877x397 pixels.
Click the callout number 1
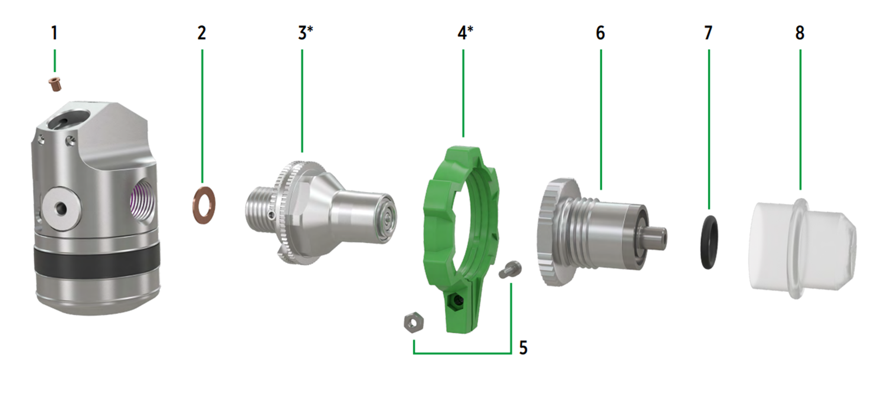tap(54, 33)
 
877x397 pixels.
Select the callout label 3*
tap(305, 33)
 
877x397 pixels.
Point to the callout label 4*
tap(465, 33)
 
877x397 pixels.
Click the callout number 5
tap(523, 348)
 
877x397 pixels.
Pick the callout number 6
tap(600, 33)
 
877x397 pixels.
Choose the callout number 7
tap(708, 33)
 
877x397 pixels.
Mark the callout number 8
tap(800, 33)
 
